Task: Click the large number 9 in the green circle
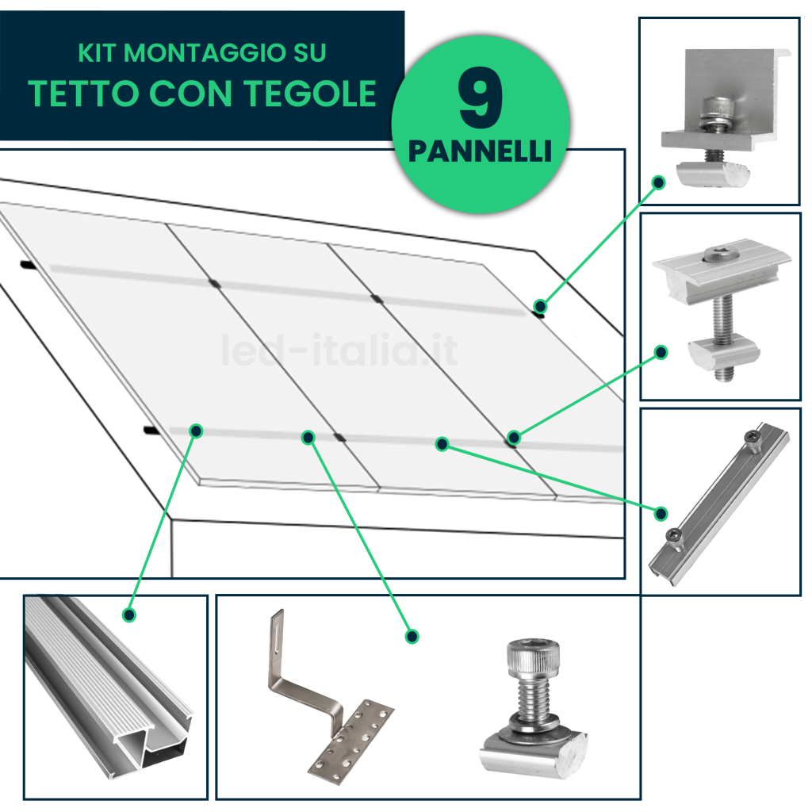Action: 480,98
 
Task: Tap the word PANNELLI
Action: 480,151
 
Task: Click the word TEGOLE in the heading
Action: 310,94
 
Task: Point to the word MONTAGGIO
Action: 205,53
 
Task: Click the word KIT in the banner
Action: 98,53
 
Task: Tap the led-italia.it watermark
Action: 339,350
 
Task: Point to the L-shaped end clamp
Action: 725,117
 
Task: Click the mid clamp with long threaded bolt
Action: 721,309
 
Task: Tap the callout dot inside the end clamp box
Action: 659,182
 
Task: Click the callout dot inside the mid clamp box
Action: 661,353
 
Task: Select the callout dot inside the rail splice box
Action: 661,514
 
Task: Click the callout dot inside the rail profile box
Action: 129,615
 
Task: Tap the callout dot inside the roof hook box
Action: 412,637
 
